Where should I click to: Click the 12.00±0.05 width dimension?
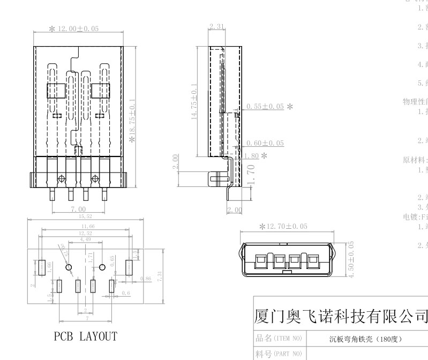coord(77,28)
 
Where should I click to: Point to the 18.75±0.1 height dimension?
coord(133,111)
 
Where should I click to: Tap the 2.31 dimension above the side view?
coord(217,26)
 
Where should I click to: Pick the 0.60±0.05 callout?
coord(265,143)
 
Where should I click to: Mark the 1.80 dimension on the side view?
coord(251,155)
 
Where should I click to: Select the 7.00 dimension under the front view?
coord(78,209)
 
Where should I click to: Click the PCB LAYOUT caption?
coord(85,337)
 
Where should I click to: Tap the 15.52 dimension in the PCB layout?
coord(86,216)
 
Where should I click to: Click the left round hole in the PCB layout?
coord(69,267)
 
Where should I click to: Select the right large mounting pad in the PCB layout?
coord(129,267)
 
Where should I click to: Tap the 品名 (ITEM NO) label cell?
coord(278,339)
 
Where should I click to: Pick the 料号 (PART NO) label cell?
coord(278,354)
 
